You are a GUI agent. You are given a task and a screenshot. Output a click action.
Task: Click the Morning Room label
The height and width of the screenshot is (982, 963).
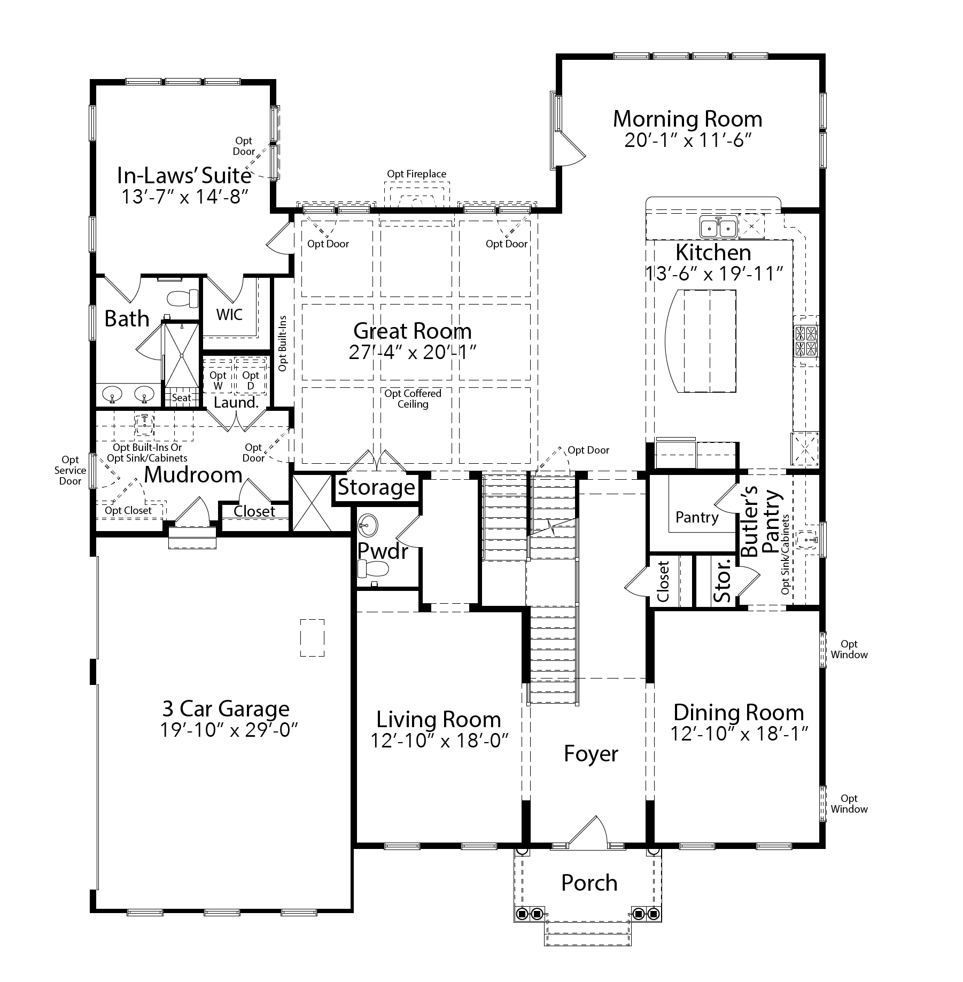687,119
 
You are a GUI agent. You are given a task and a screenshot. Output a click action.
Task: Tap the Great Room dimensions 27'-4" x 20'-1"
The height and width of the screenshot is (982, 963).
413,353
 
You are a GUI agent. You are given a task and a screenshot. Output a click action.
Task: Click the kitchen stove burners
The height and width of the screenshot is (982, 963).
806,341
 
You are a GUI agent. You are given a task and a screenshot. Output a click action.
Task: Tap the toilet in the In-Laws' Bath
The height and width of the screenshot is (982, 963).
181,298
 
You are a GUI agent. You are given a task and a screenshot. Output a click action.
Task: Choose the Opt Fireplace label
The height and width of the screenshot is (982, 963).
417,174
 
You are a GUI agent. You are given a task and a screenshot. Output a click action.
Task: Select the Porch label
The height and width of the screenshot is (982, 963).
589,883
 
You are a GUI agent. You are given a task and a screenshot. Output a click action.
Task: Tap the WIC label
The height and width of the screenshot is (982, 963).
229,314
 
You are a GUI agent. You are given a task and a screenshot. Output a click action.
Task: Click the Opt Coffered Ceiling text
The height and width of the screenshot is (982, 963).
413,399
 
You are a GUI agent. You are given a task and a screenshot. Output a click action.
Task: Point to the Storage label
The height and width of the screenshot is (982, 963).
377,487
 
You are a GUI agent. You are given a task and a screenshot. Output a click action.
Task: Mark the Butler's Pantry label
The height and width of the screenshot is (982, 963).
760,521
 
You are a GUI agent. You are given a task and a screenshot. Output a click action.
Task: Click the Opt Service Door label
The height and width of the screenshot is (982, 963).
70,470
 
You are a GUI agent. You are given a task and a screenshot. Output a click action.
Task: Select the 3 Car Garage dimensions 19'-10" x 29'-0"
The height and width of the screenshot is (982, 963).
229,730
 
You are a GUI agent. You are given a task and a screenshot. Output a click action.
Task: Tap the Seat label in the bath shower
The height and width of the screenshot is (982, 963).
181,398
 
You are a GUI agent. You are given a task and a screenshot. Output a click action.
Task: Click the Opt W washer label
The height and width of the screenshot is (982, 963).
218,380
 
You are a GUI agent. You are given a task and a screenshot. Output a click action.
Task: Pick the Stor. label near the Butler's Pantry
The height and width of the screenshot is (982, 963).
722,581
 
